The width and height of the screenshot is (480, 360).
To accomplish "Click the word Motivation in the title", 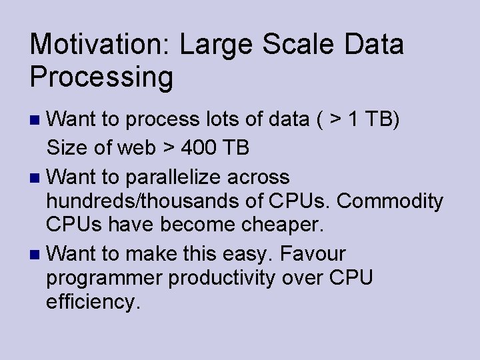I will [99, 45].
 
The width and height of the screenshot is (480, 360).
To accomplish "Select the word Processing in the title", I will [101, 77].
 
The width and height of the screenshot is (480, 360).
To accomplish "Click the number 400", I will [197, 147].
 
